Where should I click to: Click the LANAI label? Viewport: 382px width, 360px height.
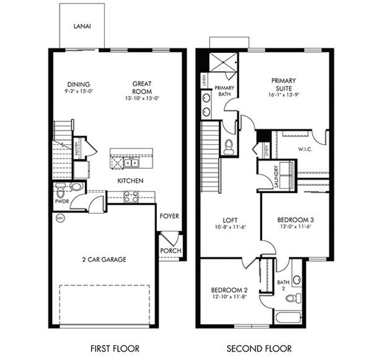82,26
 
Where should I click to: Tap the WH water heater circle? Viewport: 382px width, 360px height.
59,218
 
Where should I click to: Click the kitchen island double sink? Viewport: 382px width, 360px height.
131,163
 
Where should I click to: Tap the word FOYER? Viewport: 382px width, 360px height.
169,216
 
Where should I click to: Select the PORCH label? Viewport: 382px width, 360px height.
170,250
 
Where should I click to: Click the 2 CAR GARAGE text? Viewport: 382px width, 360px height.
104,259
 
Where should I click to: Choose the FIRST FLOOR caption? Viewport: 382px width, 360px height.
115,349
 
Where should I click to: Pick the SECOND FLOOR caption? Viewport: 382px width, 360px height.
259,349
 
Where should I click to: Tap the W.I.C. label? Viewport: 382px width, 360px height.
305,149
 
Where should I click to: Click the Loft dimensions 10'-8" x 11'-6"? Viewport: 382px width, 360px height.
230,227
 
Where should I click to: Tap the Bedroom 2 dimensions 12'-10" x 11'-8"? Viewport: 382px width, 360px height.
229,297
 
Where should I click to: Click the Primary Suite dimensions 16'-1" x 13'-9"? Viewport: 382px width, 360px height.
284,95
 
